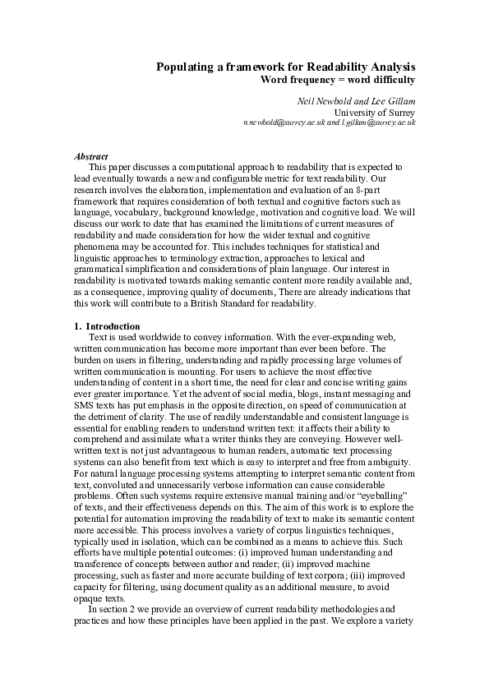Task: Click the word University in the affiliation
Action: [355, 112]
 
